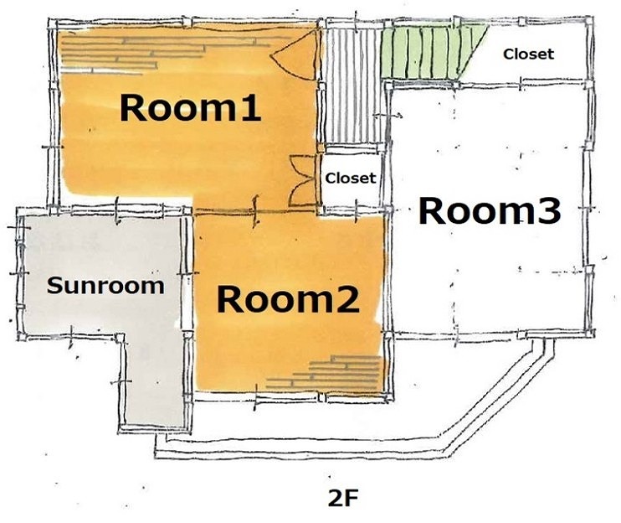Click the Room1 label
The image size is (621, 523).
(x=190, y=107)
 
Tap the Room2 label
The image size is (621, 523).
(x=288, y=299)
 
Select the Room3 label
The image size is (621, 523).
(x=490, y=210)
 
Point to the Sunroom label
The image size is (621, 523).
(x=105, y=286)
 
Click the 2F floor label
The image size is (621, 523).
(x=343, y=499)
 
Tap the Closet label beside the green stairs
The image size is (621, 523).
(x=528, y=54)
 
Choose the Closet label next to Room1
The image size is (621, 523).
(x=350, y=178)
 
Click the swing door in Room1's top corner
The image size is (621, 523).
(x=295, y=55)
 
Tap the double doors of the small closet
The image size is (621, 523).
(x=304, y=180)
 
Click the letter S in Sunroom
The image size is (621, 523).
(x=54, y=286)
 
